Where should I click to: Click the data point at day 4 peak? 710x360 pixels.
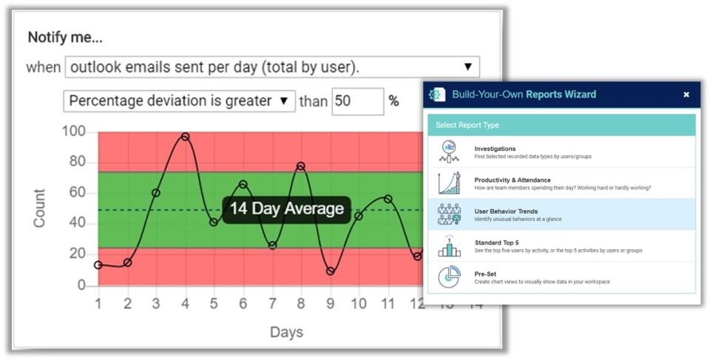pos(185,137)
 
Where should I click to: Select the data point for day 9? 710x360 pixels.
pos(330,271)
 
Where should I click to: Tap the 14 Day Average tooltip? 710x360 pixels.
pos(286,208)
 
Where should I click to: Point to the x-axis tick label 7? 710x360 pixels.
pos(272,303)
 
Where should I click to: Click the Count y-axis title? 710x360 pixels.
pos(39,208)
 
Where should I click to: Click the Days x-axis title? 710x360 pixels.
pos(286,332)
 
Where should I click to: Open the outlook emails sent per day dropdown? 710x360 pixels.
pos(272,67)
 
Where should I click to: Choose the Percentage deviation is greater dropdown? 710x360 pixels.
pos(179,101)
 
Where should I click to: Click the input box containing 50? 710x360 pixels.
pos(358,101)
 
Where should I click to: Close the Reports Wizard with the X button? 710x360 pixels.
pos(686,95)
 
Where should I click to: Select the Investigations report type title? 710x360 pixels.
pos(495,149)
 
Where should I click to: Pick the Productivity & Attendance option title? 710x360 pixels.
pos(513,180)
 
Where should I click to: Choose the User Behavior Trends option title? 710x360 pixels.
pos(506,211)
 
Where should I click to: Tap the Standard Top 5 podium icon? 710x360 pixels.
pos(449,245)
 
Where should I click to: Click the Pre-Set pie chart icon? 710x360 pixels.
pos(449,276)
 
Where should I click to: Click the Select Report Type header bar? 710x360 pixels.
pos(561,125)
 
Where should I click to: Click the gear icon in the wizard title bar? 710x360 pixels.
pos(437,95)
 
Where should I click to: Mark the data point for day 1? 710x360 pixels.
pos(98,265)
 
